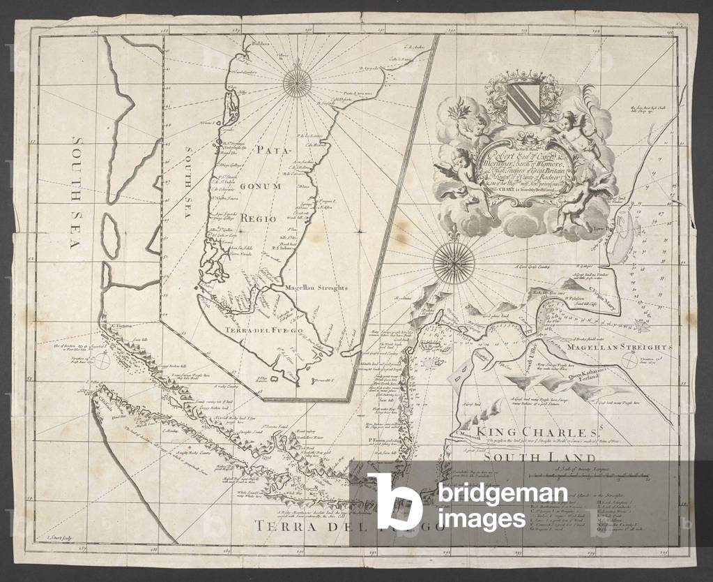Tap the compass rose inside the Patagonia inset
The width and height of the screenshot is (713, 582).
[298, 84]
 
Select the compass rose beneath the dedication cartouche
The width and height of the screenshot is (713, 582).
[454, 264]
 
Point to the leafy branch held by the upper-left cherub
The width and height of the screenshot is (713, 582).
[460, 110]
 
